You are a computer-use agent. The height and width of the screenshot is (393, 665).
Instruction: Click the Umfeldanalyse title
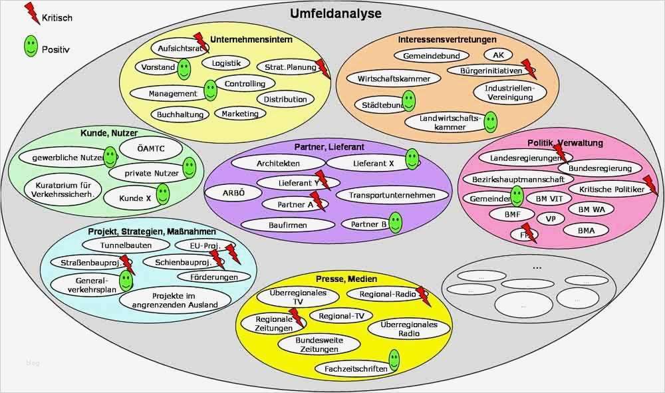(335, 13)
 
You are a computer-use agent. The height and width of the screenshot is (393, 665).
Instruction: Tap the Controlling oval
(244, 84)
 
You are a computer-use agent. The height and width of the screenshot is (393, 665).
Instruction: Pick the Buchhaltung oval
(180, 114)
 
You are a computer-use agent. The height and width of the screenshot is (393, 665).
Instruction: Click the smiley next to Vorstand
(184, 68)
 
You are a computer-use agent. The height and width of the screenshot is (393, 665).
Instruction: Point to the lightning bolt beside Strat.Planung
(323, 68)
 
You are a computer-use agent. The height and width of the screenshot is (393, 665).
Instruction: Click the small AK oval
(497, 55)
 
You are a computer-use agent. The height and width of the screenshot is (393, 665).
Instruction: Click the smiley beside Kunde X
(162, 194)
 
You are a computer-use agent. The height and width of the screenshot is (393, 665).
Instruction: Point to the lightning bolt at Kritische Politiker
(650, 186)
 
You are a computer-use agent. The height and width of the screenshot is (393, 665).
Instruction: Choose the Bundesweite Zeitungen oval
(310, 344)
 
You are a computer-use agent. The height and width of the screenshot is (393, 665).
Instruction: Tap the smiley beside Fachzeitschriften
(394, 361)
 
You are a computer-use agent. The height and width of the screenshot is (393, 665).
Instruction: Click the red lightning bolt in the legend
(31, 13)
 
